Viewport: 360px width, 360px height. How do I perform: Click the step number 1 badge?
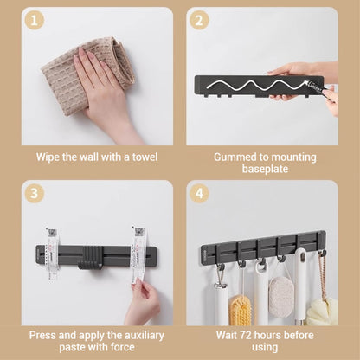[x=35, y=21]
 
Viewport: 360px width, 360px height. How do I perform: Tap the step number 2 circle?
[x=199, y=21]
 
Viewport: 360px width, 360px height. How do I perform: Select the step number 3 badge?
[x=35, y=193]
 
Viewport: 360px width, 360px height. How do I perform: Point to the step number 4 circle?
[x=199, y=193]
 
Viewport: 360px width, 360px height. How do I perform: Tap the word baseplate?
[x=265, y=169]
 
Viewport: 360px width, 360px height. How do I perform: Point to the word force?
[x=121, y=347]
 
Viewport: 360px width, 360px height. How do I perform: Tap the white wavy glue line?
[x=258, y=85]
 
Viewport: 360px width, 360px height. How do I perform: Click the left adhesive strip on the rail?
[x=53, y=254]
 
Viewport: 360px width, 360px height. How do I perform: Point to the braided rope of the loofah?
[x=322, y=277]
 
